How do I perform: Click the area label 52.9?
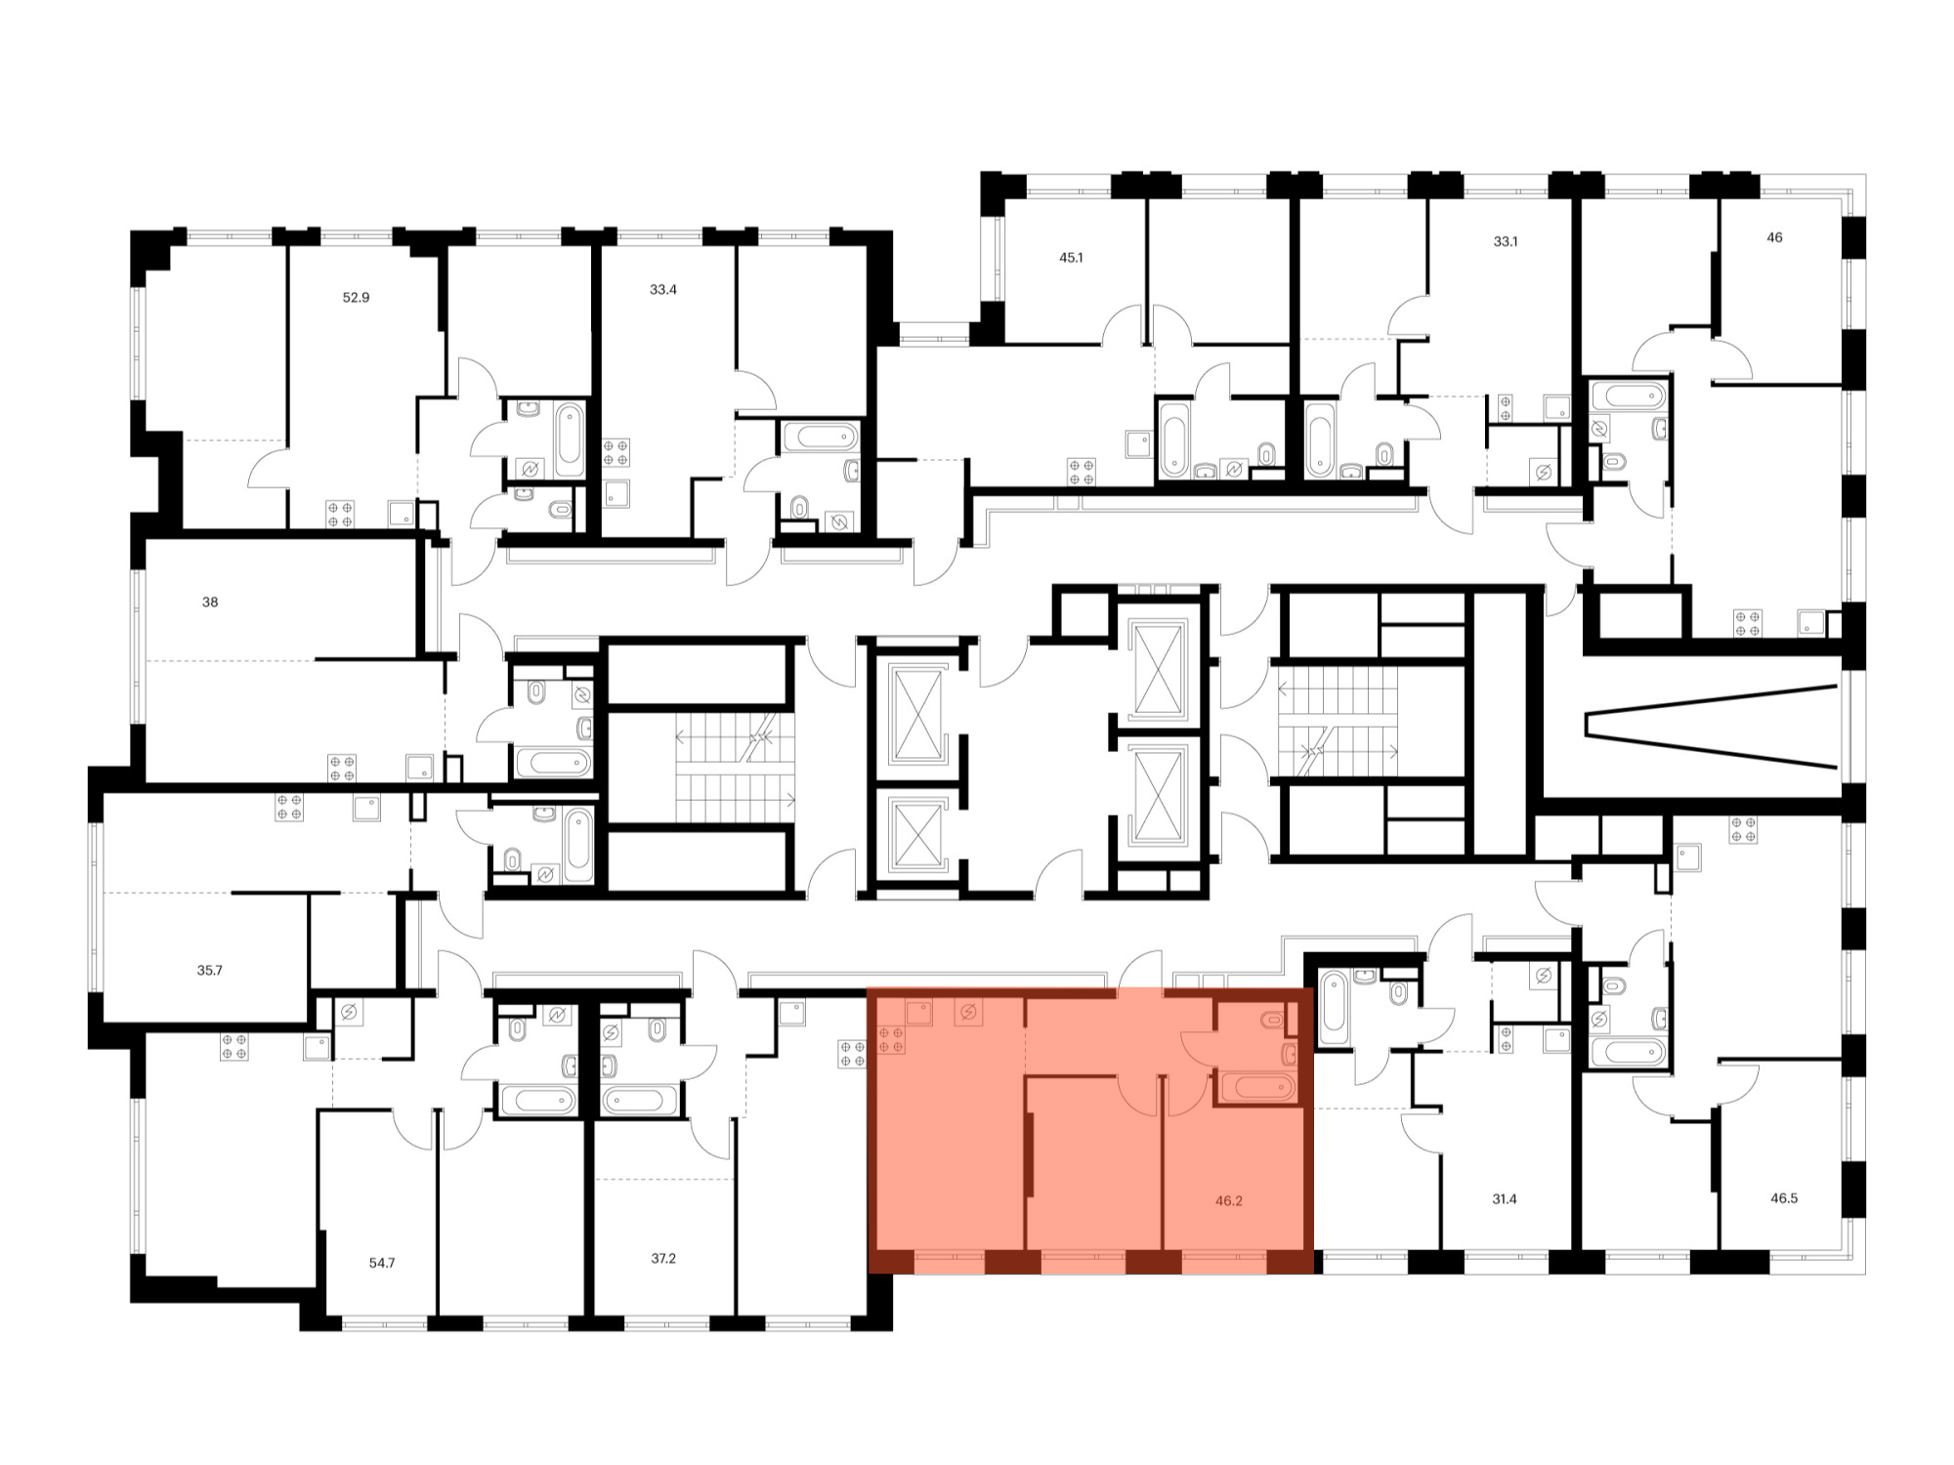coord(356,297)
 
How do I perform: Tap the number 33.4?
coord(662,290)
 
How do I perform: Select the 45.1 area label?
coord(1071,258)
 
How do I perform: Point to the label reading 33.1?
coord(1505,241)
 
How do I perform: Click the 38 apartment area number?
coord(210,603)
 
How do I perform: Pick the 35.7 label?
coord(209,971)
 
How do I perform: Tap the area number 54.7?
coord(382,1263)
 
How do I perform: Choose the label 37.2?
coord(663,1259)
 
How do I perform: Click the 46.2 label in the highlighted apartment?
coord(1229,1201)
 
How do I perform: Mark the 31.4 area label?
coord(1505,1199)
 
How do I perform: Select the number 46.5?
coord(1784,1198)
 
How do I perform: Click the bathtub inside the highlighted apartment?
coord(1257,1087)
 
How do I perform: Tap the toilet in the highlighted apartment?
coord(1273,1022)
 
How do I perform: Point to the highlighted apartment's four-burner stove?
coord(891,1039)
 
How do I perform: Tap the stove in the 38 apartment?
coord(342,768)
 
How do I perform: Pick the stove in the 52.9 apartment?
coord(340,515)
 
